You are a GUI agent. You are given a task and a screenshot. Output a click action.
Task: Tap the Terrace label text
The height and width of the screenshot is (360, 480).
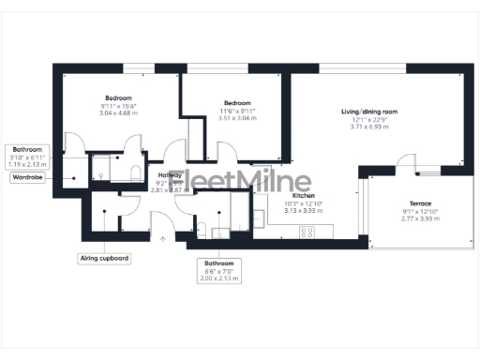coord(420,203)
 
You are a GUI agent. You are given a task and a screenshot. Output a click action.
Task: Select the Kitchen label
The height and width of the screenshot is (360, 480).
coord(303,195)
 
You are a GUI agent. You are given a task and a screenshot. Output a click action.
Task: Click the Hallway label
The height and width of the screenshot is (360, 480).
coord(170,175)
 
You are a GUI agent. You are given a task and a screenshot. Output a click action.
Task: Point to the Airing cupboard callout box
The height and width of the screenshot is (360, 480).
coord(103,257)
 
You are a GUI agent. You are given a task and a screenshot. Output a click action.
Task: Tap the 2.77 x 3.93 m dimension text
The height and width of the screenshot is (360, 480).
coord(420,219)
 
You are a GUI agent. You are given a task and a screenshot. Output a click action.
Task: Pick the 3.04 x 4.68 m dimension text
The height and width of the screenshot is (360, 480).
coord(118,114)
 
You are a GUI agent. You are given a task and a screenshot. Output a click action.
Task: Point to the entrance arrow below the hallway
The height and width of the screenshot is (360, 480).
coord(163,240)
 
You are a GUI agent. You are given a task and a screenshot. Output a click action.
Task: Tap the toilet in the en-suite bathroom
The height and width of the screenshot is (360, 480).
coord(134,171)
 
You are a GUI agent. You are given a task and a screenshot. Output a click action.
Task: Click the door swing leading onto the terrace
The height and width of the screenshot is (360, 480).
coord(406,170)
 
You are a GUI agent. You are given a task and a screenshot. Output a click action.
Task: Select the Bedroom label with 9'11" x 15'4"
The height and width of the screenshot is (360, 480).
coord(118,98)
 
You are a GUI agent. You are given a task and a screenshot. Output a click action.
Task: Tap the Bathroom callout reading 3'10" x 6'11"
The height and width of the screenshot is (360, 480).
coord(26,157)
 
